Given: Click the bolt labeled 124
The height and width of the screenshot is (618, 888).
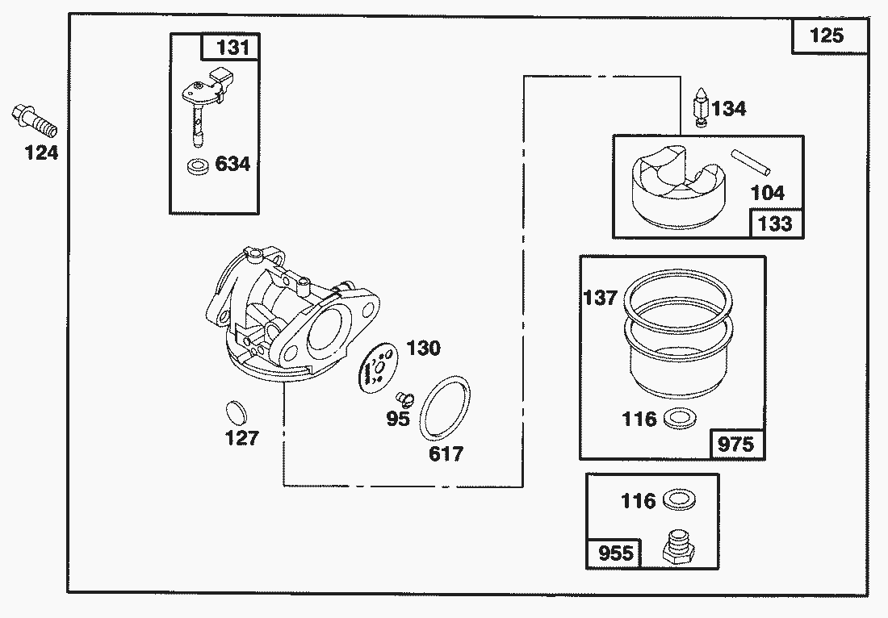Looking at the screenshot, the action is pos(34,121).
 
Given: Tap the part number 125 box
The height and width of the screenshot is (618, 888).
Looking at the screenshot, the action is pos(828,36).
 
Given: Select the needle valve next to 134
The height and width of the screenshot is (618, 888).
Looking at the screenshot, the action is pos(702,106).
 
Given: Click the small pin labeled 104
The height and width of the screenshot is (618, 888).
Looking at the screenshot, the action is pos(750,162).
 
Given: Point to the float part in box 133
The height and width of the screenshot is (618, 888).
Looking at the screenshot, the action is pos(677,186).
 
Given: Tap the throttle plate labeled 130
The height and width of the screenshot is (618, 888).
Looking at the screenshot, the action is pos(379,368).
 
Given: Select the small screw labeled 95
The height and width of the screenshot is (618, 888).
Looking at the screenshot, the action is pos(405,399).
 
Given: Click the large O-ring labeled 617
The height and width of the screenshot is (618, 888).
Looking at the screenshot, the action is pos(445,407).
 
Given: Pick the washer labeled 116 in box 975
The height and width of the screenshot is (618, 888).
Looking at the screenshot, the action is pos(679,420).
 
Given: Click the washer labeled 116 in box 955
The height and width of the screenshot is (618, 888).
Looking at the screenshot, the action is pos(678,501).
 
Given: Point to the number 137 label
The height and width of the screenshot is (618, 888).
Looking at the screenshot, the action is pos(600,297).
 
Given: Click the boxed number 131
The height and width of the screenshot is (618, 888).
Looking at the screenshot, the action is pos(231,47).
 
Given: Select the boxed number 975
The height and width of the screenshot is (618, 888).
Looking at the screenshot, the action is pos(737,445).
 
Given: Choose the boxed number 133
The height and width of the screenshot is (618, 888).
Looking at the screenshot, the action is pos(776,223).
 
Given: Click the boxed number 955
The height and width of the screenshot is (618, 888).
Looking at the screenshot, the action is pos(614,553).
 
